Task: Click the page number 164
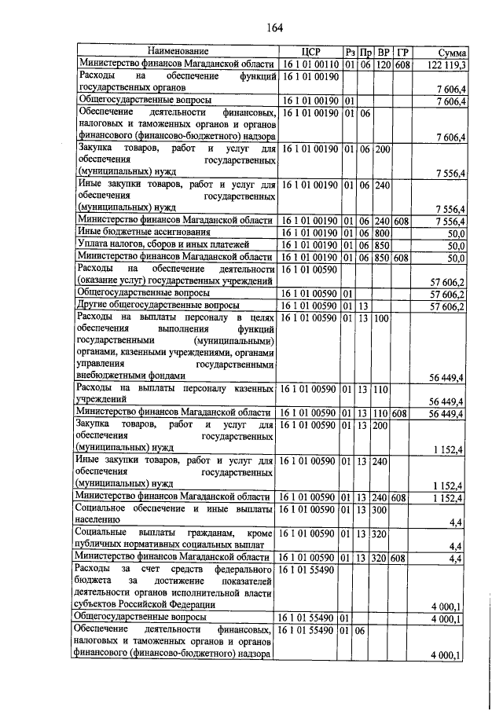click(x=274, y=28)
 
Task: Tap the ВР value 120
click(x=384, y=64)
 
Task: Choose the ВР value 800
click(x=384, y=233)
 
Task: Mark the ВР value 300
click(x=383, y=511)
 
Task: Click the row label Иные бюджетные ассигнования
click(x=143, y=233)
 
